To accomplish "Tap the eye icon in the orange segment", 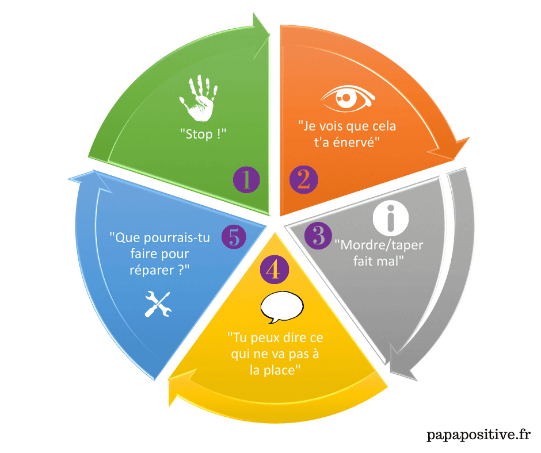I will tap(347, 99).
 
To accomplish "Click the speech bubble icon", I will tap(281, 309).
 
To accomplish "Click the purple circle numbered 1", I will tap(246, 180).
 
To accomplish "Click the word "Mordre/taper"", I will tap(379, 245).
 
